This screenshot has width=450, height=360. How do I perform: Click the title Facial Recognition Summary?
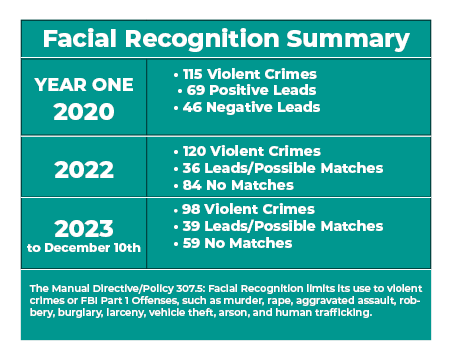[x=225, y=39]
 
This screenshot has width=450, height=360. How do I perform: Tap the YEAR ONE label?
[x=84, y=85]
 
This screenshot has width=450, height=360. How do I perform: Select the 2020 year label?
[x=84, y=111]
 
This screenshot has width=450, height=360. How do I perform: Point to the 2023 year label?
[x=84, y=225]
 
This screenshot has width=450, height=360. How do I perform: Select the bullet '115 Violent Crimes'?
[x=245, y=74]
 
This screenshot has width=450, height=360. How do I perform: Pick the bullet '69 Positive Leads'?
[x=247, y=90]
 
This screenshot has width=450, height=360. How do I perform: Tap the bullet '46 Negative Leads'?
[x=247, y=106]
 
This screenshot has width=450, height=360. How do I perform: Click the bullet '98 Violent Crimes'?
[x=243, y=209]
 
